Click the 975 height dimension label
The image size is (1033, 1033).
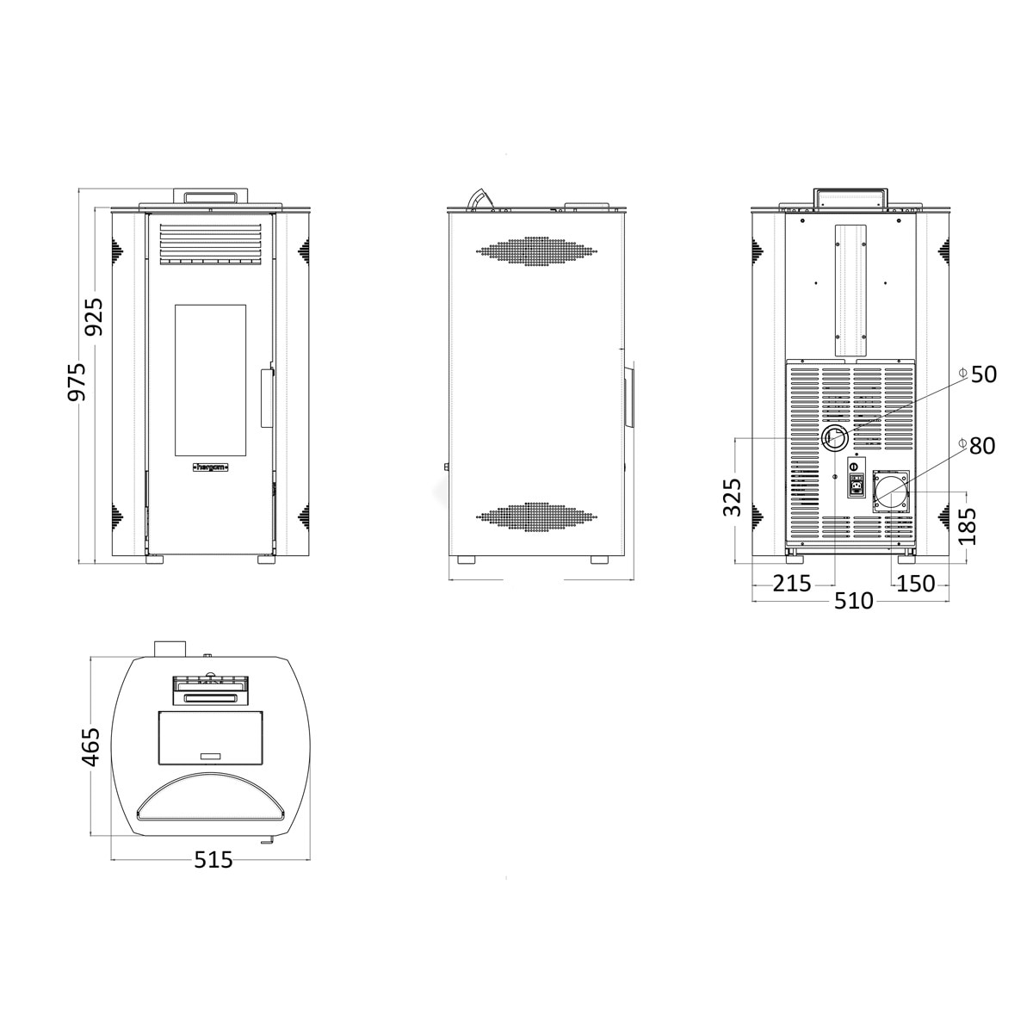pyautogui.click(x=77, y=381)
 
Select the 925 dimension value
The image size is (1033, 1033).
pyautogui.click(x=93, y=317)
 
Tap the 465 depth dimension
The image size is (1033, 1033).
pyautogui.click(x=91, y=747)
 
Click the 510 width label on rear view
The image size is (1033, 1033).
pyautogui.click(x=853, y=601)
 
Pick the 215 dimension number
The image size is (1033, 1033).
pyautogui.click(x=792, y=584)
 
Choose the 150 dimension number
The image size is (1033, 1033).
pyautogui.click(x=916, y=584)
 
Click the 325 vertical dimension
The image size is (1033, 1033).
pyautogui.click(x=732, y=497)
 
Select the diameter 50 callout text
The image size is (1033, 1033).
pyautogui.click(x=978, y=374)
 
